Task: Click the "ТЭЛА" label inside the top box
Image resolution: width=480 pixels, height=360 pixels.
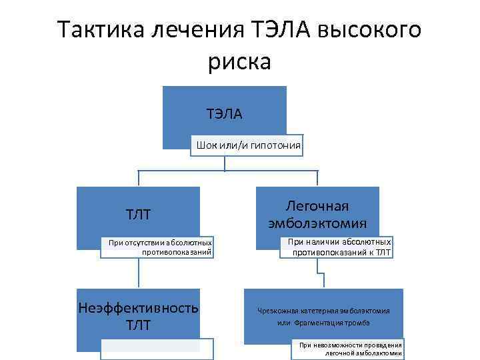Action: click(x=224, y=115)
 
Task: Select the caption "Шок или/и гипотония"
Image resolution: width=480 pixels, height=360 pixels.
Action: click(x=248, y=145)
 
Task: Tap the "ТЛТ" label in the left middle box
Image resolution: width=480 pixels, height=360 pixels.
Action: click(x=139, y=214)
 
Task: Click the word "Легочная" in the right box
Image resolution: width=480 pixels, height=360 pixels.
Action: click(x=317, y=206)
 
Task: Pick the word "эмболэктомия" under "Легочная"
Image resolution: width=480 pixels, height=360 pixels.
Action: click(x=317, y=223)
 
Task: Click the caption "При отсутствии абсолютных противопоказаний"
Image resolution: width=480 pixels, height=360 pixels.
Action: click(x=161, y=247)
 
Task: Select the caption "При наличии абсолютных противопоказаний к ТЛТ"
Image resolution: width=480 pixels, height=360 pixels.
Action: click(x=339, y=247)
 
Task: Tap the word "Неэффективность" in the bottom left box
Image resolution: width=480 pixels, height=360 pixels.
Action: click(x=139, y=308)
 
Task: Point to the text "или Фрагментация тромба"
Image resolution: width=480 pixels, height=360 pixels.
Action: click(x=324, y=323)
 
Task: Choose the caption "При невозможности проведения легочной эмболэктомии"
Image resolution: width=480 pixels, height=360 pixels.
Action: click(x=350, y=349)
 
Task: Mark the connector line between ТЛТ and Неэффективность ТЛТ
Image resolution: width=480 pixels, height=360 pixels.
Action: click(x=139, y=273)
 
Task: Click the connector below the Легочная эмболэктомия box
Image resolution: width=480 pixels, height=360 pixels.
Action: click(x=317, y=273)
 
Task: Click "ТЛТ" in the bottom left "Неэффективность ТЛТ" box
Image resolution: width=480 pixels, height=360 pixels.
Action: click(x=139, y=325)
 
